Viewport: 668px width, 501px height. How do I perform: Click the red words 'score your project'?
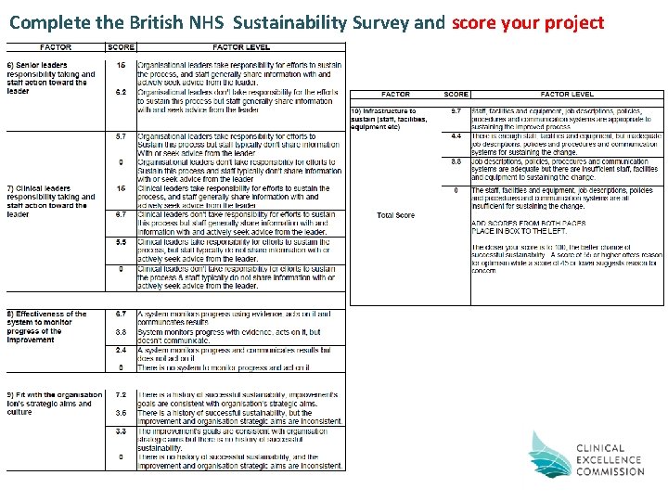pos(528,21)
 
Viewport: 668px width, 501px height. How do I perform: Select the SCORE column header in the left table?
pos(121,47)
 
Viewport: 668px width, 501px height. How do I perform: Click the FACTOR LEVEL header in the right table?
pos(567,95)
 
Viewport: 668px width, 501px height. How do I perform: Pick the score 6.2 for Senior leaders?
pos(121,93)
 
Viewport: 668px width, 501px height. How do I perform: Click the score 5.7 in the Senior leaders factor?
pos(121,136)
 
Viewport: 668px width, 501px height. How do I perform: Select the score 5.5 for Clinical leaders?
pos(121,241)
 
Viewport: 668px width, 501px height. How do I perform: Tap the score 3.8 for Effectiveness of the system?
pos(121,331)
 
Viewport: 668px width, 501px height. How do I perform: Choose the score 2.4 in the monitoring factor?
pos(121,350)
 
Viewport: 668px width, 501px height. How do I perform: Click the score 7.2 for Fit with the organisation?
pos(121,394)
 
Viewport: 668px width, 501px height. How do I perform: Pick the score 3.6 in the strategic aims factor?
pos(121,412)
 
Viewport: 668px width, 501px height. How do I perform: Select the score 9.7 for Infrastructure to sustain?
pos(456,110)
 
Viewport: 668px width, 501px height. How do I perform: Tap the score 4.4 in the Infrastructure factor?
pos(456,136)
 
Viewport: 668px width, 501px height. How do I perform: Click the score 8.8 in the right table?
pos(456,161)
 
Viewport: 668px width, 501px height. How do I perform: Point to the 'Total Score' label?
pos(396,215)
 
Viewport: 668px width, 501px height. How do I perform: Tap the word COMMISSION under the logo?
pos(610,471)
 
